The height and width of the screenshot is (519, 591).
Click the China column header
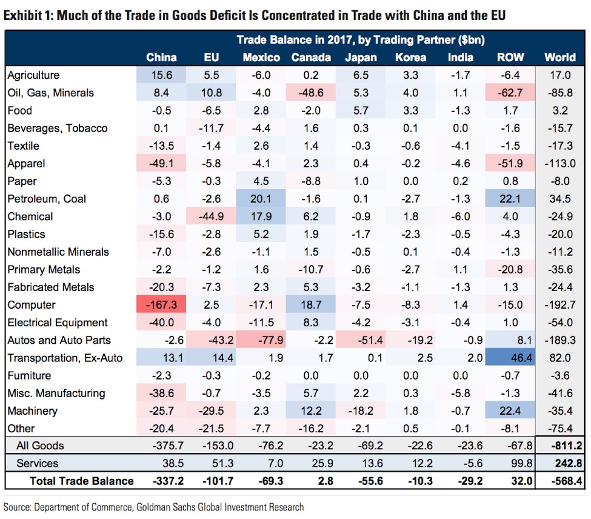[x=161, y=58]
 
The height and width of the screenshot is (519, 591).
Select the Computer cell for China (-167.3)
[x=162, y=305]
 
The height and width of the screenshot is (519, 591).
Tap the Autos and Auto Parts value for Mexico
[x=261, y=340]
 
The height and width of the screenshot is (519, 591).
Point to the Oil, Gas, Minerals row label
[x=50, y=93]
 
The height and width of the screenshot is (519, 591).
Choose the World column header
[x=560, y=58]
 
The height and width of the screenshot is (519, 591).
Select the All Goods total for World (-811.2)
[x=560, y=446]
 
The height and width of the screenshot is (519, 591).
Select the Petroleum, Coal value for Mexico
[x=261, y=199]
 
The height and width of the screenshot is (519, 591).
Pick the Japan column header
[x=361, y=58]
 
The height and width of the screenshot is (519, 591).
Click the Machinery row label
[x=32, y=410]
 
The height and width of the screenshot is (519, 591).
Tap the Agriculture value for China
[x=162, y=75]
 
